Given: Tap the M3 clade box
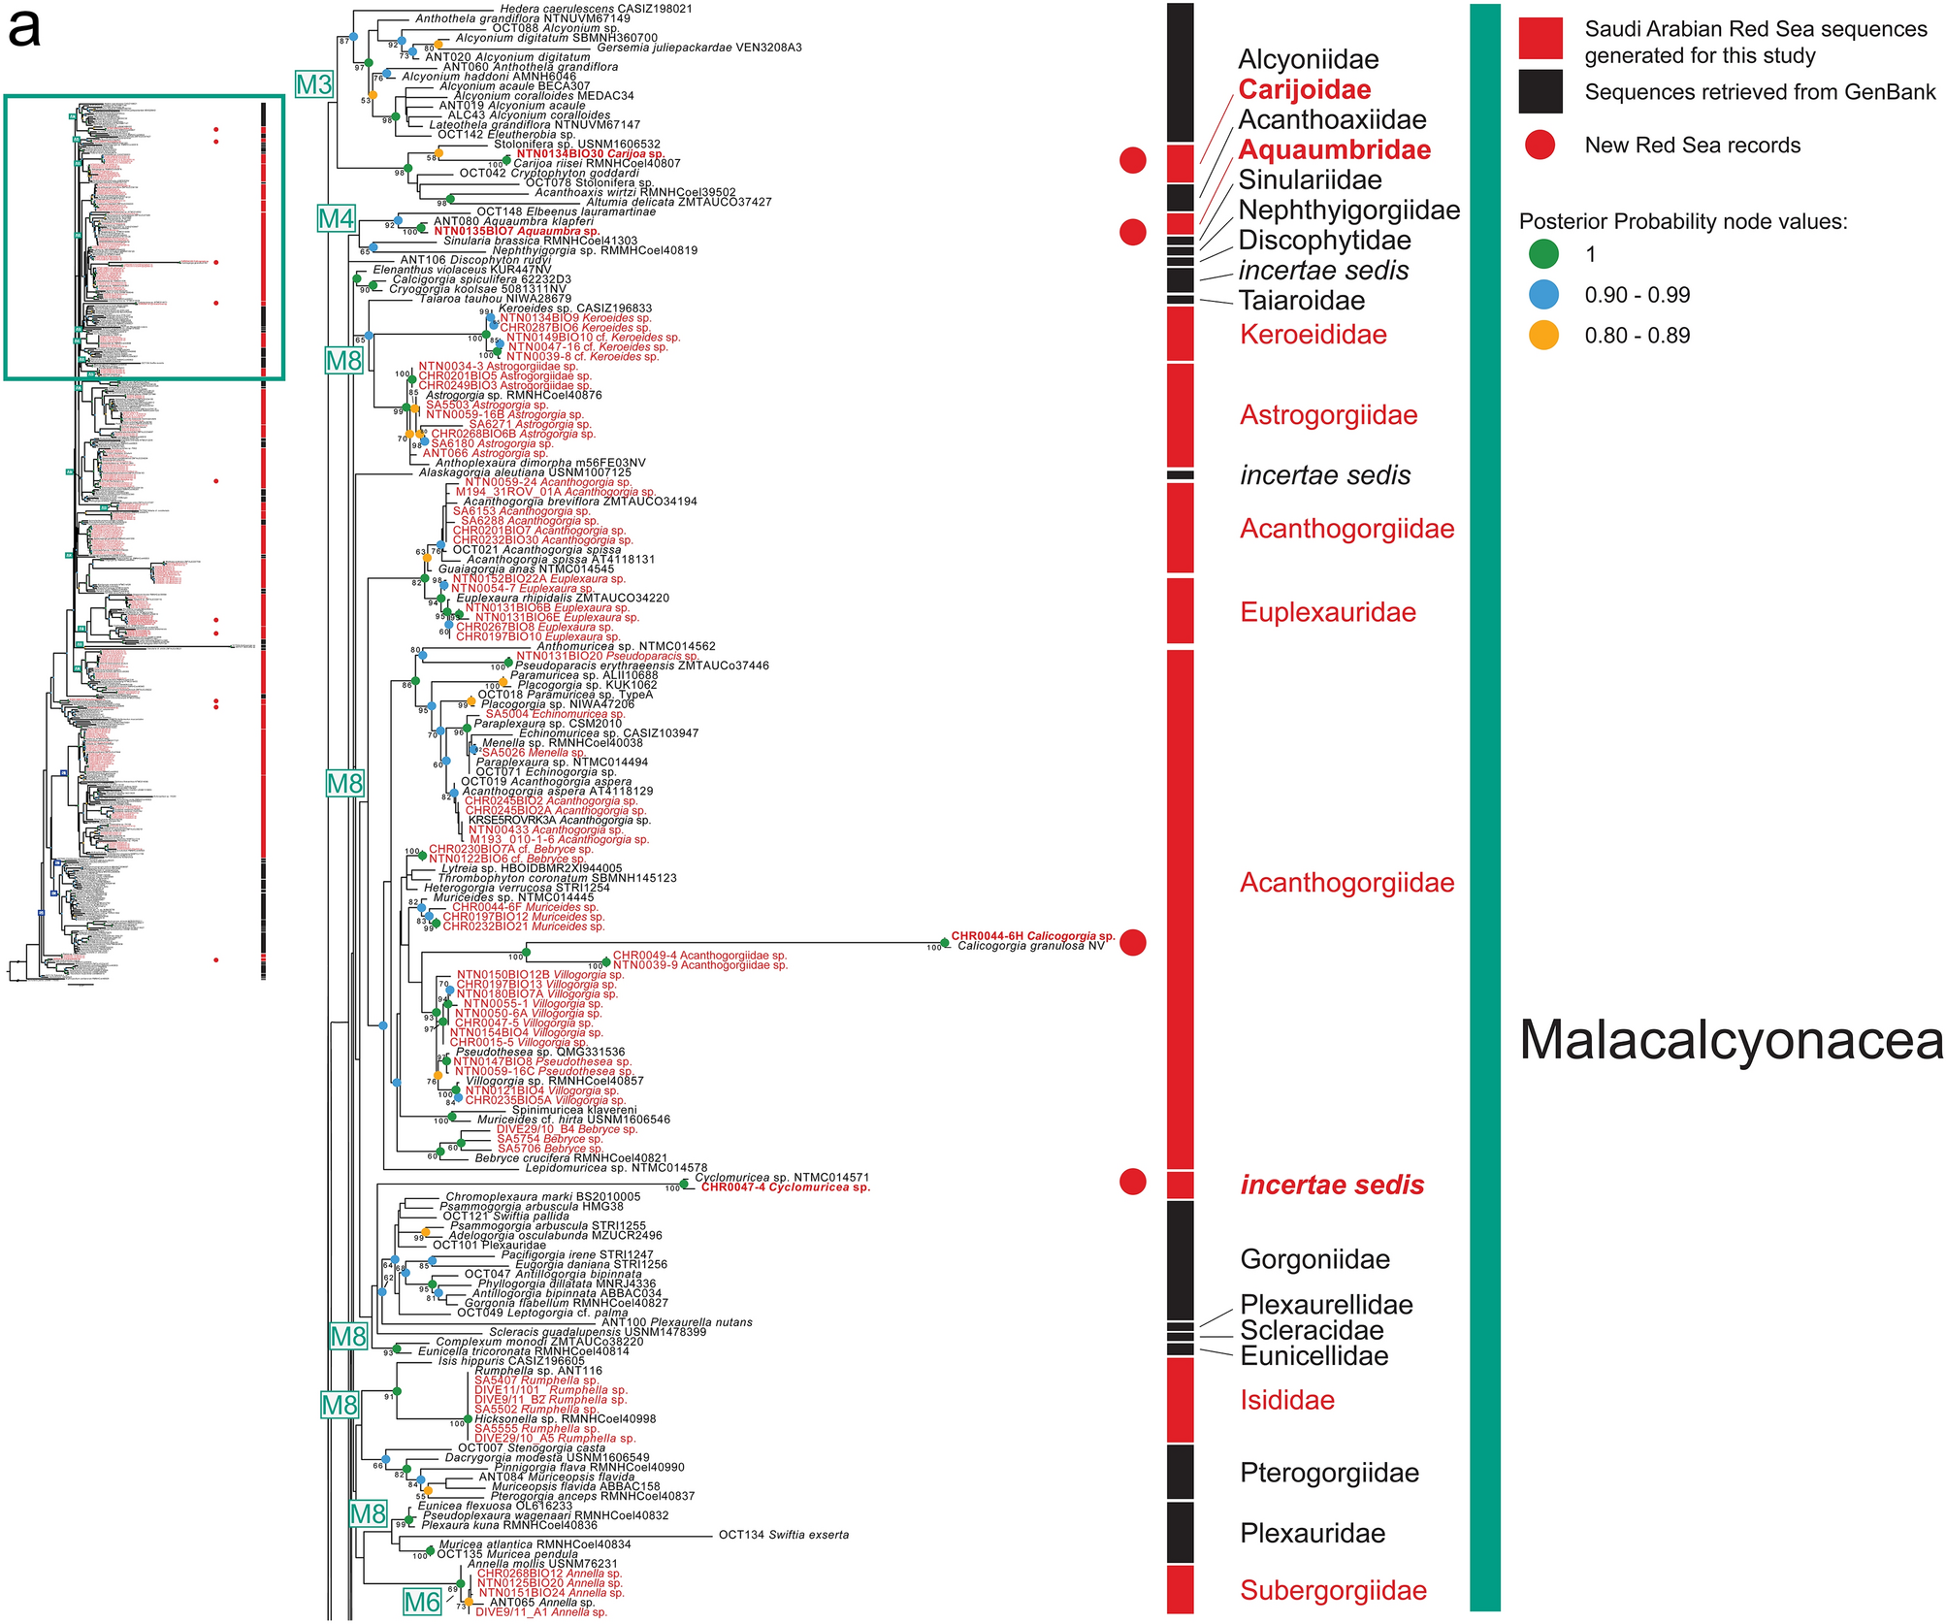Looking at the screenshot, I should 314,85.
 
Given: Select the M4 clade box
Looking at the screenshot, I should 337,219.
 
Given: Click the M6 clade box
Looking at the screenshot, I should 422,1602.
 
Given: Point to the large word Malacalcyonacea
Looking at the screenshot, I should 1731,1040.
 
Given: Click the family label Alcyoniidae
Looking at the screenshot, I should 1308,60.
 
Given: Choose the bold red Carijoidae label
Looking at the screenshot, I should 1305,90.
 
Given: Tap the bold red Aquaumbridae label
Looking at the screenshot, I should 1335,150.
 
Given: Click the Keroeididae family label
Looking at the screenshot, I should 1314,336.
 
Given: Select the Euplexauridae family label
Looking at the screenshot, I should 1328,613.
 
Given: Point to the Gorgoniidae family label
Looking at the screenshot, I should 1315,1260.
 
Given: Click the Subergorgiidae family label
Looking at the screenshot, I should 1334,1591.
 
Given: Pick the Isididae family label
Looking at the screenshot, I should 1287,1401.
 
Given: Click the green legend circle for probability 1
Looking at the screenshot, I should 1543,254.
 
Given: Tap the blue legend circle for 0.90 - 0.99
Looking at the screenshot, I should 1543,295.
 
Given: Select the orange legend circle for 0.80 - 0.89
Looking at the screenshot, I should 1543,336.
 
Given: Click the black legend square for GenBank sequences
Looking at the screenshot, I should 1541,92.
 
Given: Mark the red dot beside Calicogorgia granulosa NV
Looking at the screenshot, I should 1133,942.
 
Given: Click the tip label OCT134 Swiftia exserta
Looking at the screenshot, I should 784,1535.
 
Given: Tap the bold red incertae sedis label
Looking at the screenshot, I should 1332,1186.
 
